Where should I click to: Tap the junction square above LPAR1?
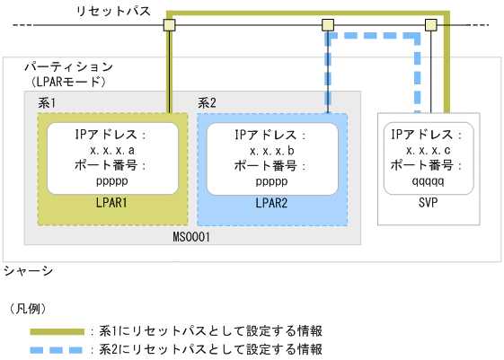pyautogui.click(x=168, y=24)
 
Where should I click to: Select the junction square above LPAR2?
pyautogui.click(x=327, y=24)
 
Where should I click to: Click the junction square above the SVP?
pyautogui.click(x=430, y=24)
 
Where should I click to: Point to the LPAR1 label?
pyautogui.click(x=113, y=205)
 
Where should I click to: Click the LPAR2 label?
pyautogui.click(x=272, y=205)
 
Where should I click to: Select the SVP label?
pyautogui.click(x=428, y=205)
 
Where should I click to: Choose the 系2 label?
pyautogui.click(x=208, y=103)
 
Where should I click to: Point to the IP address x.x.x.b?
pyautogui.click(x=272, y=151)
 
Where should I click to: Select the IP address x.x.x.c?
pyautogui.click(x=428, y=151)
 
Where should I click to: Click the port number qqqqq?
pyautogui.click(x=428, y=180)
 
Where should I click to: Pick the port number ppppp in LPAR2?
pyautogui.click(x=272, y=180)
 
